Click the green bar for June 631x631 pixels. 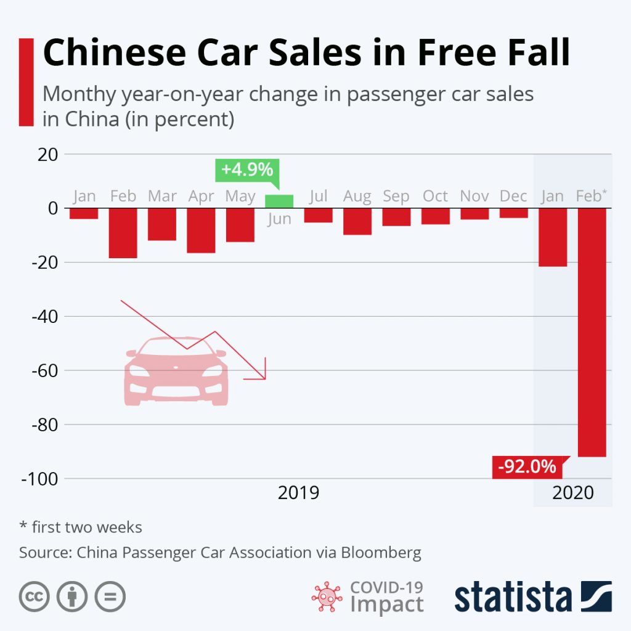click(279, 202)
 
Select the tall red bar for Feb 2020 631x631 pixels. click(592, 333)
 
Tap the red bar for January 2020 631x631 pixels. click(553, 237)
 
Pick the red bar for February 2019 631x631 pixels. click(123, 233)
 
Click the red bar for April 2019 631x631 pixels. click(201, 230)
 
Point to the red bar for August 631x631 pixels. click(357, 222)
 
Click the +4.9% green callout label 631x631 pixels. click(246, 170)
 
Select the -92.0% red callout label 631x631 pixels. click(527, 466)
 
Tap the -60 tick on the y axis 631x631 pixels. click(41, 371)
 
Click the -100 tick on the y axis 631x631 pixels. click(38, 479)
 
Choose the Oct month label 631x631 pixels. click(435, 196)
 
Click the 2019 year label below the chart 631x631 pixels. click(298, 493)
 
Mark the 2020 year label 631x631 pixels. click(572, 493)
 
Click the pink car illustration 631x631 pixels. click(177, 373)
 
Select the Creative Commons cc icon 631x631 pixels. click(34, 596)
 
